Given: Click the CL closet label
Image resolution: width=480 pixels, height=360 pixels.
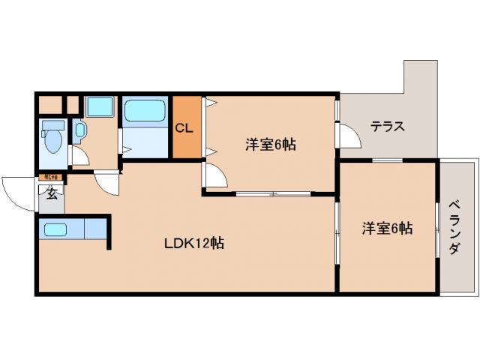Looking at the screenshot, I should (x=185, y=127).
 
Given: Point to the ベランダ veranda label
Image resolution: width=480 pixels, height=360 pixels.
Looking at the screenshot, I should (x=455, y=227).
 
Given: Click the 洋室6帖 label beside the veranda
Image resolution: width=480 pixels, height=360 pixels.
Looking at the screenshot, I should (x=387, y=228).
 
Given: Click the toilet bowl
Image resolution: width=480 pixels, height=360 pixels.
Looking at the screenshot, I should (x=54, y=142).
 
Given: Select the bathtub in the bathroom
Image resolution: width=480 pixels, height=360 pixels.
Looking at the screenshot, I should (x=145, y=112).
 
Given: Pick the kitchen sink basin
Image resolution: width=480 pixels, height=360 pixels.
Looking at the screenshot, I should (x=55, y=229).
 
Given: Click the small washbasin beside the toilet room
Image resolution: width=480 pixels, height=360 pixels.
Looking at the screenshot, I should (x=80, y=130).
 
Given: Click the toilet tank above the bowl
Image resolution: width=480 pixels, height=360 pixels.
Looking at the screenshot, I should (x=52, y=124).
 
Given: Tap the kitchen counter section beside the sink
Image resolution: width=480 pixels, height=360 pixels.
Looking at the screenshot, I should (x=95, y=229).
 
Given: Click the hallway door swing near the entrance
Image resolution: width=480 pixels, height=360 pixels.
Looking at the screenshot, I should (x=107, y=182).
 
